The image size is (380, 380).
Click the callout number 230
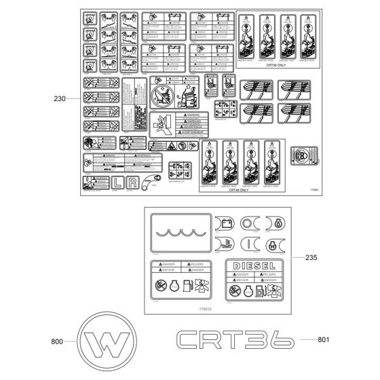(59, 98)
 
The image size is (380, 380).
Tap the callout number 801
(327, 338)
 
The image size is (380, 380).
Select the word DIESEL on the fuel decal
(250, 265)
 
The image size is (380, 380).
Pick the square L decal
(118, 183)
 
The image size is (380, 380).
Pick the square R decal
(133, 183)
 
